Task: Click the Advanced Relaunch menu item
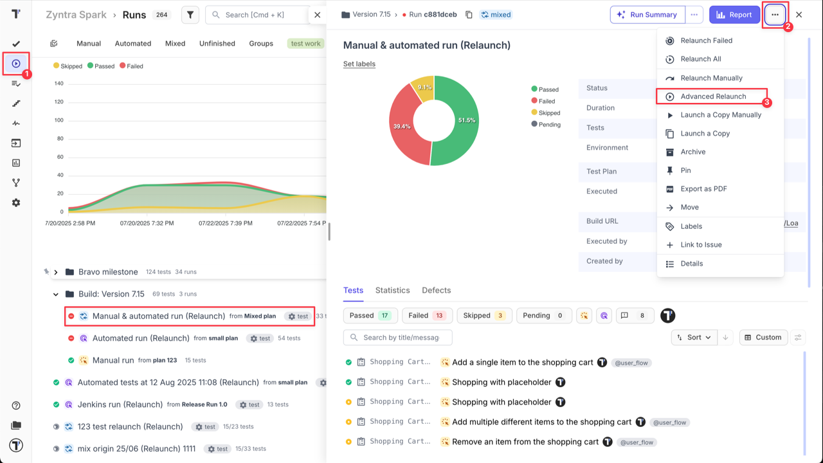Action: [713, 96]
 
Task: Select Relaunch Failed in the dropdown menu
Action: [706, 41]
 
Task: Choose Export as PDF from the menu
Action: [703, 189]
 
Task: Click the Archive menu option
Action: [693, 152]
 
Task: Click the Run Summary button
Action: [647, 15]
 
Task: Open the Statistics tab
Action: [392, 291]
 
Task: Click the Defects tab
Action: [436, 291]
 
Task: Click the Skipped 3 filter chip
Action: [483, 316]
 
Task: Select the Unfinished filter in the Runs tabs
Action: [217, 44]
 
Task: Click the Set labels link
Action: [359, 64]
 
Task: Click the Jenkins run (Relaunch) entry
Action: [120, 404]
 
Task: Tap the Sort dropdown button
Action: [694, 338]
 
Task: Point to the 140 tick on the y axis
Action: [59, 84]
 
